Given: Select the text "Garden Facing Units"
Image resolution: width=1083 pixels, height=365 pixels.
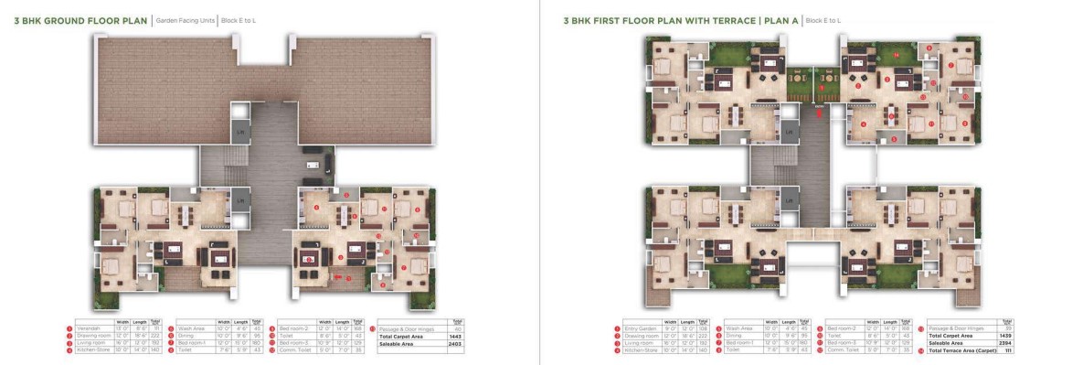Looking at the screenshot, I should pos(185,19).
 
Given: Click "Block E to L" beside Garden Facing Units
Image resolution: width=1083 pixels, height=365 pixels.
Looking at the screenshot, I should pos(241,19).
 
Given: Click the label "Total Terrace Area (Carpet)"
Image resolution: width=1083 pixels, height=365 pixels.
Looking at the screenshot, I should pos(959,350).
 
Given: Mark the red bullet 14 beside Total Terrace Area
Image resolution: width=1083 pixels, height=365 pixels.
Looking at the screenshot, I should pos(921,350).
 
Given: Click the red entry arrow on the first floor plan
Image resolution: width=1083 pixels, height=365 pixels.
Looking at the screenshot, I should pos(818,113).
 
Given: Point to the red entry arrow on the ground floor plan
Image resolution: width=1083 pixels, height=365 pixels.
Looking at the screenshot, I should pos(340,275).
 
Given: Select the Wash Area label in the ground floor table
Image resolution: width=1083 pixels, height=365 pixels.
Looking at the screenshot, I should pos(192,328).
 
